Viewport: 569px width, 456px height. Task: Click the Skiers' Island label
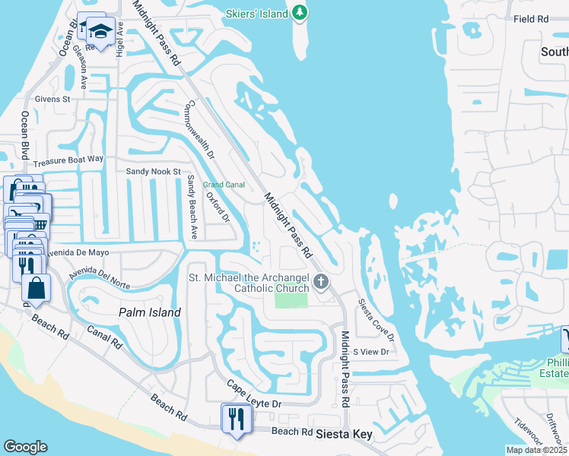click(x=257, y=14)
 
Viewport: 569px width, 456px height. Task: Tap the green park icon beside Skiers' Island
click(x=300, y=12)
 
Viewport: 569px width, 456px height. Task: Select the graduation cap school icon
click(x=99, y=32)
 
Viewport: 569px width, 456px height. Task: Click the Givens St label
click(x=52, y=99)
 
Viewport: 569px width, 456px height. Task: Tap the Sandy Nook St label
click(x=153, y=173)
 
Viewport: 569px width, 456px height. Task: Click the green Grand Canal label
click(x=224, y=185)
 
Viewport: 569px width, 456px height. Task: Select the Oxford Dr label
click(x=218, y=208)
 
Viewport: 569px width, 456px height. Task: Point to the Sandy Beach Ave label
click(x=192, y=207)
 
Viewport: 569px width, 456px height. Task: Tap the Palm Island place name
click(x=150, y=312)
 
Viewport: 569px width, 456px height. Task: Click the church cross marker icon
click(x=321, y=283)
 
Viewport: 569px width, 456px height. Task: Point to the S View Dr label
click(x=372, y=352)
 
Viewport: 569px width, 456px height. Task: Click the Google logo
click(x=25, y=447)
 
